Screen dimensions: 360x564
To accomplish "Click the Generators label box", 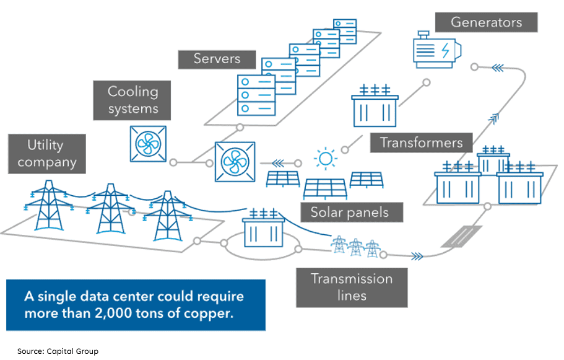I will point(486,22).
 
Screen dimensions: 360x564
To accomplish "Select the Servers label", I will point(217,59).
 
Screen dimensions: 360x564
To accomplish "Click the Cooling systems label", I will point(132,100).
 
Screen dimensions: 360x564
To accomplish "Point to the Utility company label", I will point(46,154).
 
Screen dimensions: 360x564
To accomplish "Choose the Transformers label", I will point(421,143).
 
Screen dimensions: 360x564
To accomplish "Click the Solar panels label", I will point(349,212).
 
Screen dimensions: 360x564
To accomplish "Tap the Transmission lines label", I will point(351,287).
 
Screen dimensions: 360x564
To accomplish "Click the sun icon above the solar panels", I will point(326,159).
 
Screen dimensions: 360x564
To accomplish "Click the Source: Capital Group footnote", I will point(58,351).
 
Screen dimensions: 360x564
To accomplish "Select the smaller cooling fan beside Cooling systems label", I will point(148,144).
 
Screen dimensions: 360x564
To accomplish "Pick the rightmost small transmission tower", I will point(371,246).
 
